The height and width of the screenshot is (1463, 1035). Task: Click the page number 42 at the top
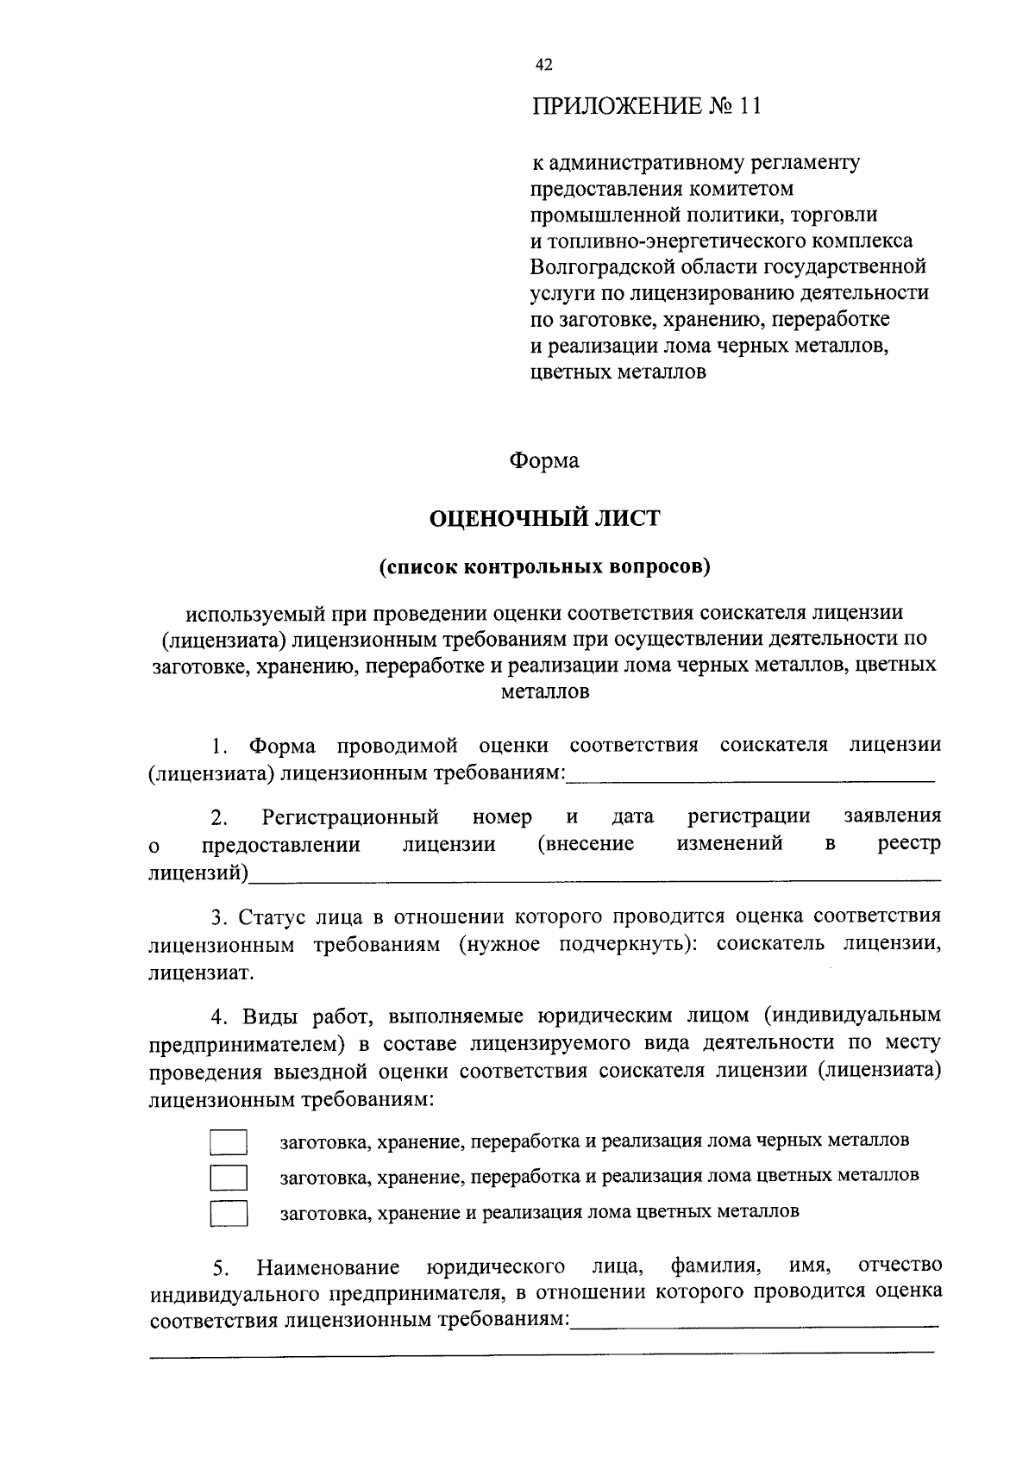click(x=543, y=66)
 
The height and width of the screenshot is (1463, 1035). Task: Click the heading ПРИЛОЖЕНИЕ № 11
click(x=646, y=107)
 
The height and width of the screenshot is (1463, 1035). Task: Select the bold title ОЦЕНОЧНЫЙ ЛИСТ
click(x=544, y=518)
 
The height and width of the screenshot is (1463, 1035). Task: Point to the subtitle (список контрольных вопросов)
click(x=544, y=567)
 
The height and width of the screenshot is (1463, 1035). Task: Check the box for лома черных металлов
click(x=229, y=1142)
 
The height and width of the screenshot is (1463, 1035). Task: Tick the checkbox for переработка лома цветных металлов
click(x=229, y=1177)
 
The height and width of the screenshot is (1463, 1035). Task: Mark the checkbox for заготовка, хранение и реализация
click(x=229, y=1213)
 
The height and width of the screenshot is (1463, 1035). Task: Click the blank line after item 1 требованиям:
click(x=750, y=778)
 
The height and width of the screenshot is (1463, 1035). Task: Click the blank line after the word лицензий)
click(x=595, y=878)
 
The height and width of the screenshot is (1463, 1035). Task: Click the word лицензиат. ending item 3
click(x=201, y=973)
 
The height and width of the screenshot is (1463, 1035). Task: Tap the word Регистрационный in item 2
click(x=351, y=816)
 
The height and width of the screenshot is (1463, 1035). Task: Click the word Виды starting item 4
click(x=269, y=1015)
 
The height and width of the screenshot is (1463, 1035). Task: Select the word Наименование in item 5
click(x=328, y=1267)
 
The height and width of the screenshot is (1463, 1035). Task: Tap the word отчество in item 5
click(x=900, y=1265)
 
